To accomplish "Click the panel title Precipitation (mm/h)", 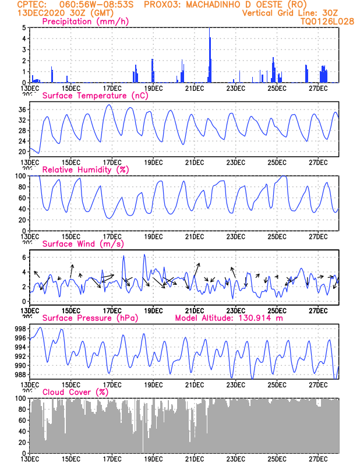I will (85, 22).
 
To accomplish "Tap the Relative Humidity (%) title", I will (85, 170).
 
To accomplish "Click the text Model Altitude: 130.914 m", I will (228, 318).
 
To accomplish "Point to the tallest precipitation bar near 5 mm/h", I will (210, 55).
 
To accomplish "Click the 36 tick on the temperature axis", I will (22, 110).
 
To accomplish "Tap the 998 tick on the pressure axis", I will (20, 329).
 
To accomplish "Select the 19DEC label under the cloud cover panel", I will (153, 459).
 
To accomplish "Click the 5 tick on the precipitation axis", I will (24, 27).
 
